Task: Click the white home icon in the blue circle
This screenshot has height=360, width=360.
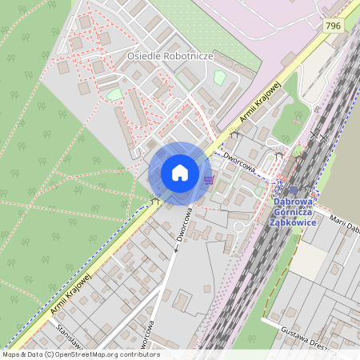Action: pos(180,173)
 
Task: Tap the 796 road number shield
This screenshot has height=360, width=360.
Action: pos(334,26)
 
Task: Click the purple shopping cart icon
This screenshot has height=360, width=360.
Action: pos(210,179)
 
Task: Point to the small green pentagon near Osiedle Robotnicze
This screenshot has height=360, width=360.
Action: pos(219,78)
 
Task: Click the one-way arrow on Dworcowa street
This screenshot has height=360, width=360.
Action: pos(175,250)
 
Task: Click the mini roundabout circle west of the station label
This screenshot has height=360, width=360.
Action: pos(238,226)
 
